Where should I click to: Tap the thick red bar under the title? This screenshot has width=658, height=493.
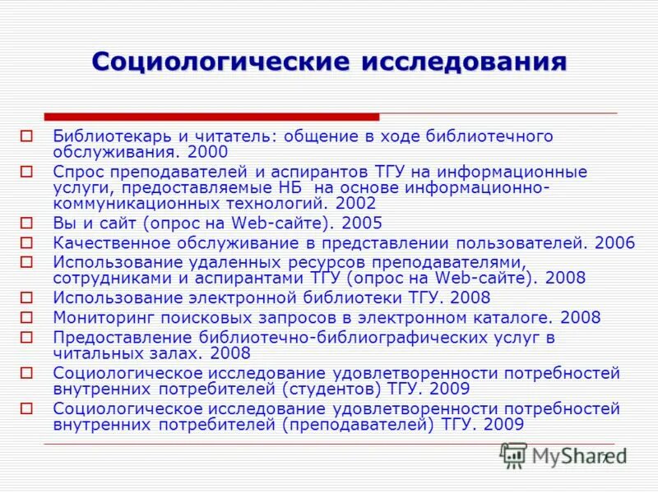(x=211, y=117)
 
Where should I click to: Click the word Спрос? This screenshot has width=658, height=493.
(x=76, y=172)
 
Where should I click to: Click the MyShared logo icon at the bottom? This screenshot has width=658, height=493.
(x=514, y=454)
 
